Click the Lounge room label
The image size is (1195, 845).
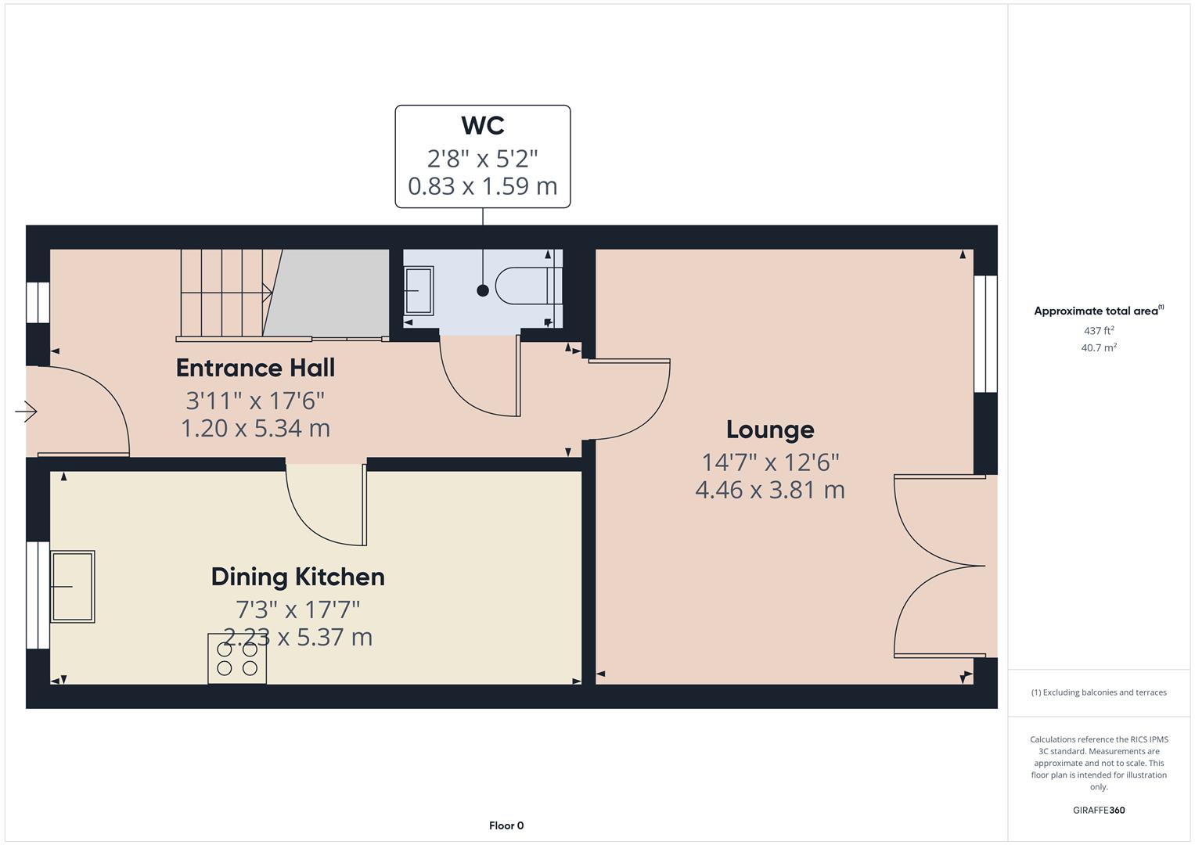770,430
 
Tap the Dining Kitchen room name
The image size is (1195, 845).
297,577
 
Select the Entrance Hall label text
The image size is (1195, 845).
255,368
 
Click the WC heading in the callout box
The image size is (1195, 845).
482,125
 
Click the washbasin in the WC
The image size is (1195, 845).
418,290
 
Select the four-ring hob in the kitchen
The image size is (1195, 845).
237,658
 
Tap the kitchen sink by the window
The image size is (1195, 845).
73,586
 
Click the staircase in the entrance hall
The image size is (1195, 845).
227,293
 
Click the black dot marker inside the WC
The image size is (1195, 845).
483,290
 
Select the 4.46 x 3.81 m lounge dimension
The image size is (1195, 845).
770,491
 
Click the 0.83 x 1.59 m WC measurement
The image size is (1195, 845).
482,186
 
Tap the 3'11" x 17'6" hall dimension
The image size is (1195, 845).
255,401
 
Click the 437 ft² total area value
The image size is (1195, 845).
1098,331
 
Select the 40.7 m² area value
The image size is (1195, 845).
1098,348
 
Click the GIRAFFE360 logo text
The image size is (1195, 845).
1098,810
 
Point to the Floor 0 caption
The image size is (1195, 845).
506,825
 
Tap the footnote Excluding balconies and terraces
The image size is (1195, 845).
1098,692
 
